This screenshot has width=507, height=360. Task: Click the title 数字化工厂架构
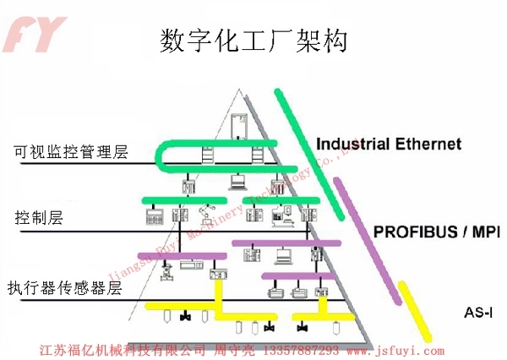tap(253, 41)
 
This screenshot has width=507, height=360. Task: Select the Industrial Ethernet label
tap(389, 144)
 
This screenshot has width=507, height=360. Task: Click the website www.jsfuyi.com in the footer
tap(390, 349)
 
